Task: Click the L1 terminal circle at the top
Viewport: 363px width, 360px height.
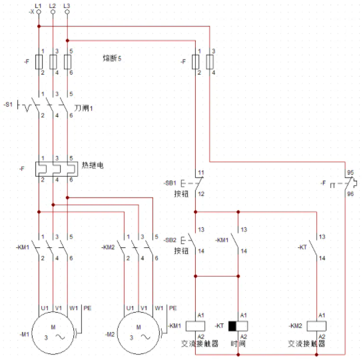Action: tap(39, 12)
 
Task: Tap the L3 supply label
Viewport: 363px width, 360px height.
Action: tap(67, 5)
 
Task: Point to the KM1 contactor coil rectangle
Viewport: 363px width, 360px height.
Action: tap(195, 326)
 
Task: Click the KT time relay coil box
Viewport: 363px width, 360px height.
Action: tap(238, 326)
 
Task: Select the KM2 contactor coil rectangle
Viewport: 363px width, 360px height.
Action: tap(316, 326)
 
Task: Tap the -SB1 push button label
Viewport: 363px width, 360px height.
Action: tap(170, 183)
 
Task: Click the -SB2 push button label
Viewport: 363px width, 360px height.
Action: tap(170, 240)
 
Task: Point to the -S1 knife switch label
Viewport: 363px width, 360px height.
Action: tap(8, 105)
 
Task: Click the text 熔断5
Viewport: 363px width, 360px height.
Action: tap(112, 58)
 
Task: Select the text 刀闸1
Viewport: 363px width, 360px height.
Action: tap(83, 108)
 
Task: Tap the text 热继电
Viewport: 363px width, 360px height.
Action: tap(93, 165)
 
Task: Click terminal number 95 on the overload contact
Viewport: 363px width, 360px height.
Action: tap(350, 173)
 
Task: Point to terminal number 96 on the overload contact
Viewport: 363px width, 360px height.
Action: tap(350, 194)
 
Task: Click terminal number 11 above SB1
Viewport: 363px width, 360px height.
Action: tap(201, 173)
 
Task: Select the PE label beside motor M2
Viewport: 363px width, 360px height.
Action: tap(173, 308)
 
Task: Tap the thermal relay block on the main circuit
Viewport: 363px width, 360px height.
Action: tap(57, 169)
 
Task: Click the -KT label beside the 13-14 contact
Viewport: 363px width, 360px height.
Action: tap(302, 247)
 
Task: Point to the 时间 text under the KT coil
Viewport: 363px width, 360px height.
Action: tap(238, 343)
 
